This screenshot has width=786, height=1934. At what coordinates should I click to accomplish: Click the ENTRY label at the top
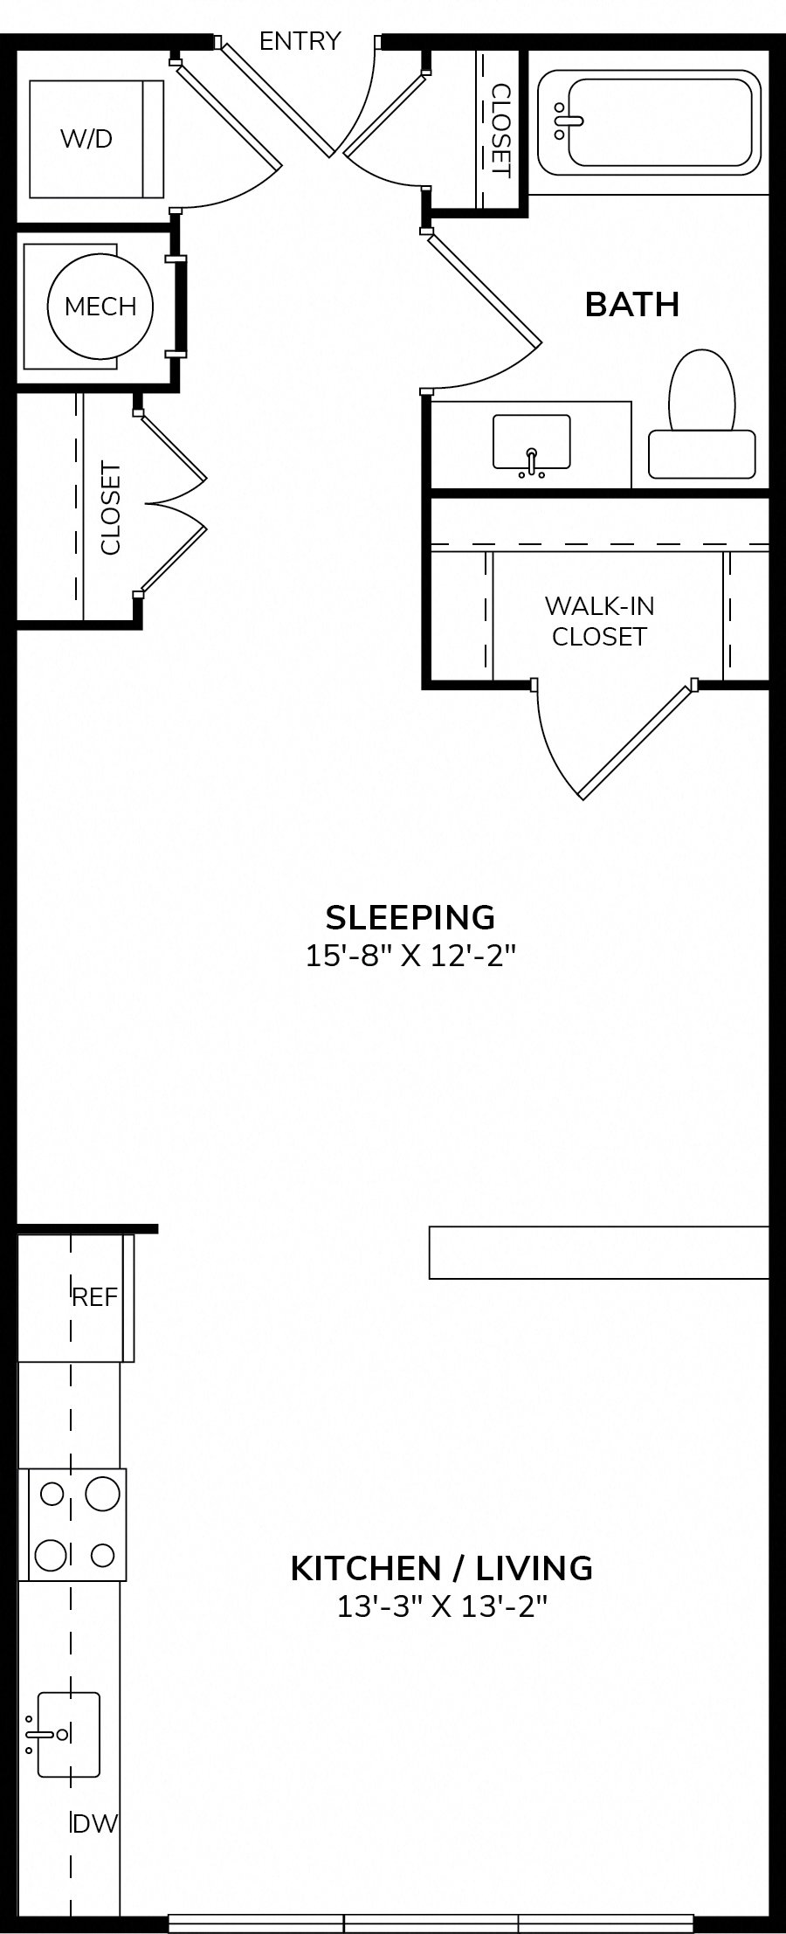[300, 41]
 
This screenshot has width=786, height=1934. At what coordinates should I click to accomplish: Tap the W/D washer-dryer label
[86, 138]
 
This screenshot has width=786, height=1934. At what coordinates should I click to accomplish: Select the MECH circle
[100, 306]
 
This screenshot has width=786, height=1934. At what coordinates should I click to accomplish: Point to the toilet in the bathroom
[701, 414]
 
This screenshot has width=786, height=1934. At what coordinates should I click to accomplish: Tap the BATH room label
[632, 304]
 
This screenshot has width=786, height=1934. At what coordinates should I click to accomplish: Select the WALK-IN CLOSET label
[599, 621]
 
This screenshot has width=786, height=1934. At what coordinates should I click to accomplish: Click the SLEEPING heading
[410, 917]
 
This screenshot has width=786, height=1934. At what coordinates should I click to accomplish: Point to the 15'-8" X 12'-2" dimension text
[410, 957]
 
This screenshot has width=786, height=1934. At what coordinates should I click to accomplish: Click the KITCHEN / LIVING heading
[441, 1568]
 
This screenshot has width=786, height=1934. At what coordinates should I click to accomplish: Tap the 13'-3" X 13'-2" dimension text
[442, 1606]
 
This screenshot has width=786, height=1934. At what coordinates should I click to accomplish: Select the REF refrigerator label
[94, 1297]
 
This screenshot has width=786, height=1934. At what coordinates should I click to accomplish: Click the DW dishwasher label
[95, 1824]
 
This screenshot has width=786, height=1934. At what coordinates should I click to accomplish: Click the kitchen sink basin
[67, 1734]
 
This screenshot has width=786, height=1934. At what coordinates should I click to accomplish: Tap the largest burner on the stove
[102, 1494]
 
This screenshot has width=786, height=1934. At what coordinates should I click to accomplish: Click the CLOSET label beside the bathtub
[501, 129]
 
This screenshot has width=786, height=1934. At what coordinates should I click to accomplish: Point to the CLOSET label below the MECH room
[111, 508]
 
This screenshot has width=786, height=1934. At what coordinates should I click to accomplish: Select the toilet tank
[701, 454]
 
